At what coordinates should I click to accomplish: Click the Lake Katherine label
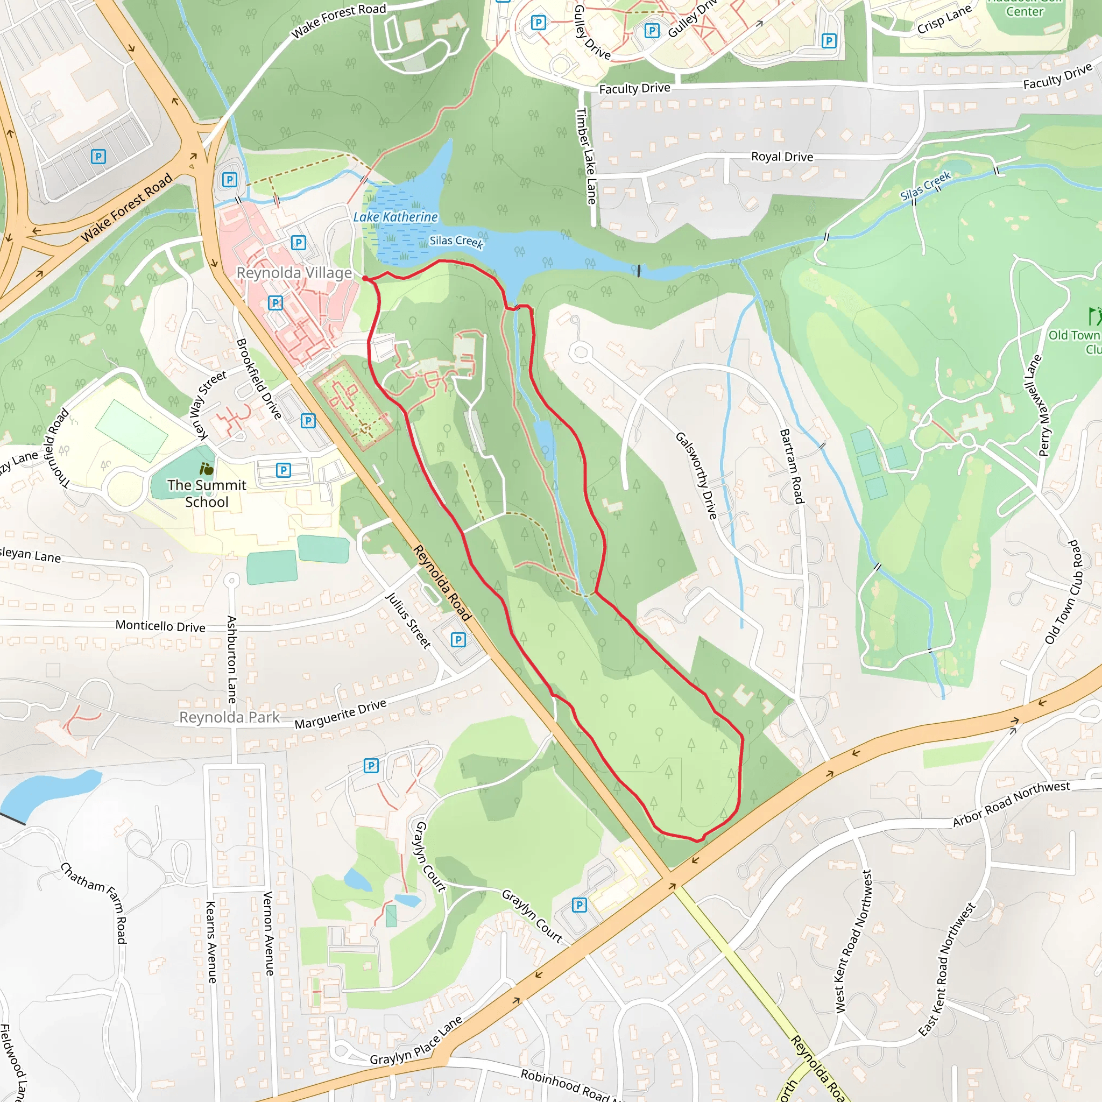(395, 217)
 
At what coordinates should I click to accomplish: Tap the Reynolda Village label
(294, 273)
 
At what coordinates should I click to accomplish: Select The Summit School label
(207, 493)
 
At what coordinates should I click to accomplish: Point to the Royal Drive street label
(782, 157)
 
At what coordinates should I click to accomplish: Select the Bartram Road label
(792, 466)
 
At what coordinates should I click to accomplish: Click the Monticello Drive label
(160, 626)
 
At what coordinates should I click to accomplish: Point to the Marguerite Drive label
(341, 714)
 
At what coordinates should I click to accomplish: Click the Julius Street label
(408, 620)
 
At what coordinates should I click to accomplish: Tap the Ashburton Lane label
(231, 659)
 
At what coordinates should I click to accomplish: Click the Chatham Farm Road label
(94, 903)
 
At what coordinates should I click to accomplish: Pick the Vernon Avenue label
(269, 933)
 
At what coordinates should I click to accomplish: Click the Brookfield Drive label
(259, 379)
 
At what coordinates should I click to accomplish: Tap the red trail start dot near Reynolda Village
(365, 278)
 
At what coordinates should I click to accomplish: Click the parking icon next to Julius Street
(458, 639)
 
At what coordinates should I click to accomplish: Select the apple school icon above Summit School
(207, 469)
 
